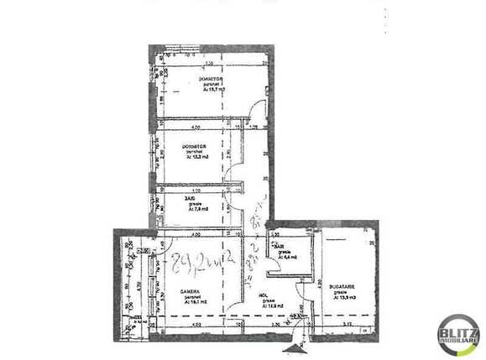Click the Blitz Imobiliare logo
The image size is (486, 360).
[458, 337]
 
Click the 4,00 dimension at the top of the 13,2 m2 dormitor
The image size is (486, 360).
[195, 128]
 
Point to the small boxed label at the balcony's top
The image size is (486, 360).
[144, 250]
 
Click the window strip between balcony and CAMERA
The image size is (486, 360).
[152, 285]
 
